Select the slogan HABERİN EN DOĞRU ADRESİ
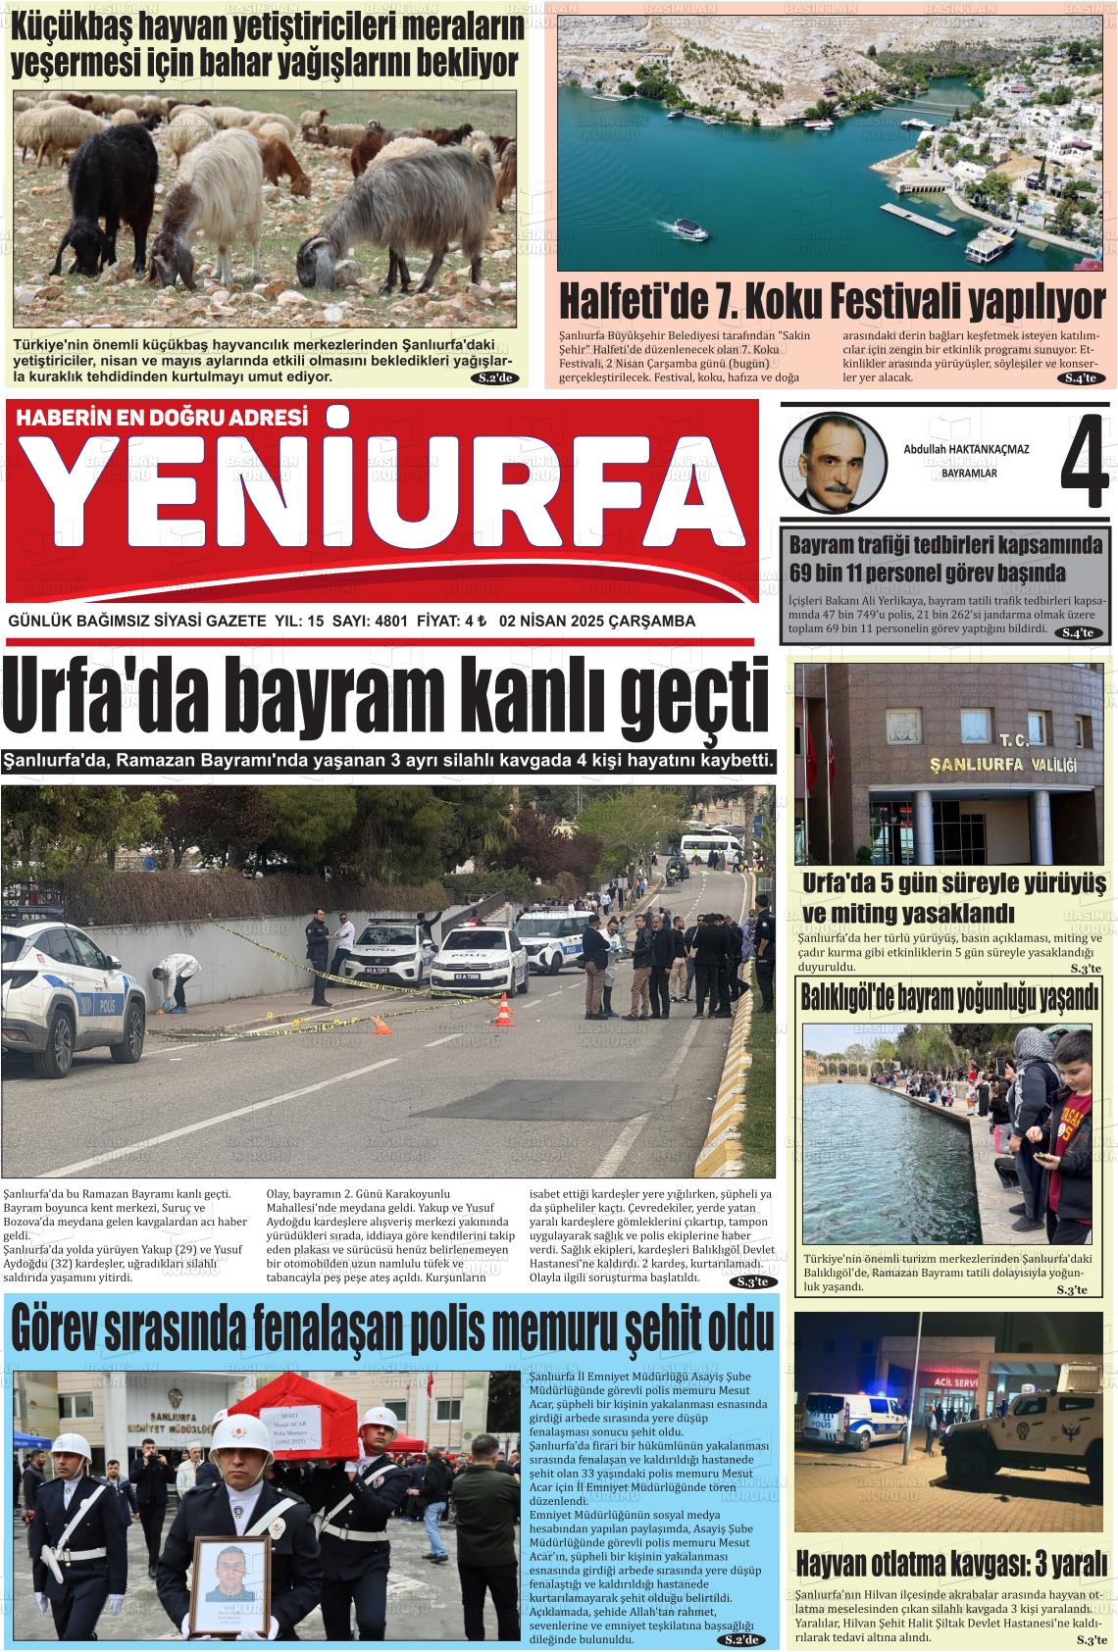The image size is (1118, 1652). click(x=162, y=417)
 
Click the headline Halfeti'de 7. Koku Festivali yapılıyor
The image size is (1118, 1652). click(x=832, y=301)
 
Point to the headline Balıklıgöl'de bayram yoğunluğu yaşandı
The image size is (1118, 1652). click(x=949, y=999)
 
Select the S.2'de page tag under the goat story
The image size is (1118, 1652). click(x=494, y=377)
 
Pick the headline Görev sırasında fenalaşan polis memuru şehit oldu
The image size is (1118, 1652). click(x=390, y=1331)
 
